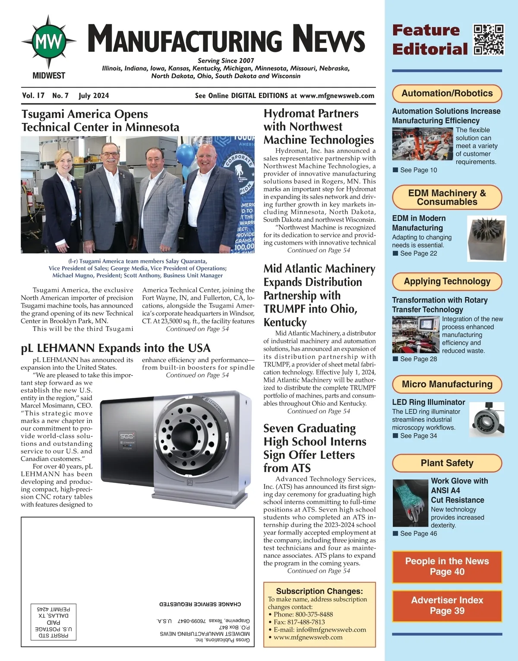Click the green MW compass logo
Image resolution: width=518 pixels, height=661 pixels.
(x=49, y=41)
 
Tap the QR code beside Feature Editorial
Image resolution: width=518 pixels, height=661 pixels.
(x=489, y=40)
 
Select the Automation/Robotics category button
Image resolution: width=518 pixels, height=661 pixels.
(x=447, y=93)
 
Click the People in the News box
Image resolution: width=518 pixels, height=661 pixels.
(x=447, y=566)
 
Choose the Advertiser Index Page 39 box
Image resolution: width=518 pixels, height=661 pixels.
(x=447, y=605)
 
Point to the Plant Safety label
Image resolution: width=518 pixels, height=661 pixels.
(x=447, y=463)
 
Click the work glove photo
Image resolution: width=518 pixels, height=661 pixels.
(x=410, y=503)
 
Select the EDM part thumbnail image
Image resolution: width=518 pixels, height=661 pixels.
(x=486, y=238)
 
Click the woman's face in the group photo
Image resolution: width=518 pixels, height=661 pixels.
(x=63, y=162)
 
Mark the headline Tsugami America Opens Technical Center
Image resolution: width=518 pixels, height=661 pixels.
(x=100, y=121)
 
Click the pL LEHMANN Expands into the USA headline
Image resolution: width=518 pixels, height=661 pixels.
(x=116, y=348)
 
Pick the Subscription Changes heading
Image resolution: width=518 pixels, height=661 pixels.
(x=319, y=591)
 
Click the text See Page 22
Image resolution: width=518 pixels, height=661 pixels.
(x=418, y=253)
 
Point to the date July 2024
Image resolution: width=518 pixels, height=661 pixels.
(x=94, y=95)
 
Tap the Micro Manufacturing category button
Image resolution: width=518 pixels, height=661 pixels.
(x=447, y=384)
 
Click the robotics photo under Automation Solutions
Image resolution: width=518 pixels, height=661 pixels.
(x=422, y=145)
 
